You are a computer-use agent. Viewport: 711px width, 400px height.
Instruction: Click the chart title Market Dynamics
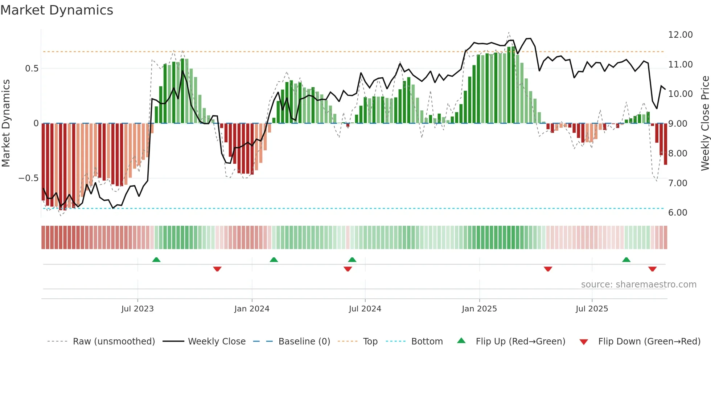click(57, 10)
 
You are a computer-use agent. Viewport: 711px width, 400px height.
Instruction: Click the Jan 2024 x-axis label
click(252, 309)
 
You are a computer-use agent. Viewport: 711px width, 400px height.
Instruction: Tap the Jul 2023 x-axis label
click(137, 309)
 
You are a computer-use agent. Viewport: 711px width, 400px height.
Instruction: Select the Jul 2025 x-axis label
click(592, 309)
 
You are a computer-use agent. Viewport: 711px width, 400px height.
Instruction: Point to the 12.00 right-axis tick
click(680, 35)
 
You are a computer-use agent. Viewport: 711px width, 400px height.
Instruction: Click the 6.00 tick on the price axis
click(678, 213)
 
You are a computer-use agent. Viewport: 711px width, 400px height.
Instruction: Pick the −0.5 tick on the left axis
click(28, 178)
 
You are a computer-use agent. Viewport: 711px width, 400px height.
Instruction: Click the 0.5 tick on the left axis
click(32, 69)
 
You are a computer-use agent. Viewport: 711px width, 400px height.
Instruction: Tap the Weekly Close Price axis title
click(705, 123)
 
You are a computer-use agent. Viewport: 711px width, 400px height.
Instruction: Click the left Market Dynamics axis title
click(6, 123)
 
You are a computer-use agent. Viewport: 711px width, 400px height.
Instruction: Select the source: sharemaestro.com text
click(638, 285)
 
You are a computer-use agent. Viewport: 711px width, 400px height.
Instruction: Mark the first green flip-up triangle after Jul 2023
click(156, 260)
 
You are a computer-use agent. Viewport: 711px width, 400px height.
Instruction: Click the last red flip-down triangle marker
click(652, 269)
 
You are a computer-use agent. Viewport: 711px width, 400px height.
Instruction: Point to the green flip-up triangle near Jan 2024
click(274, 260)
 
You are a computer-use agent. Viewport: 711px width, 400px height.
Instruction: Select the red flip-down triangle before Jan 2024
click(217, 269)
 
